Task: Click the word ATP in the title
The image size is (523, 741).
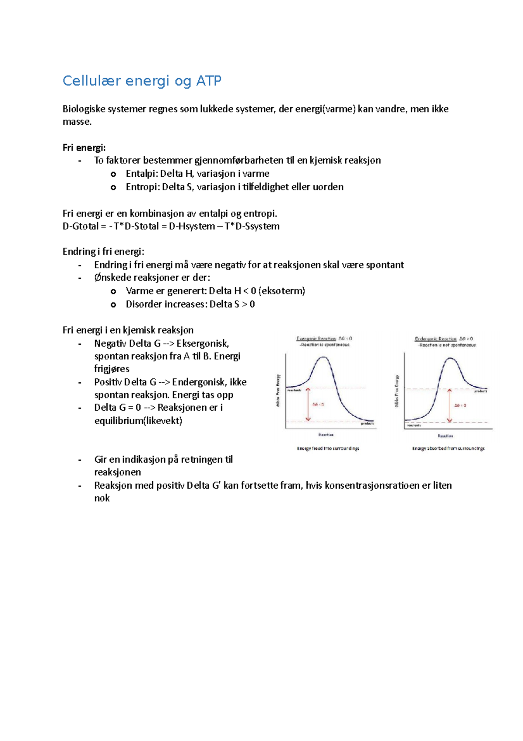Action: click(209, 81)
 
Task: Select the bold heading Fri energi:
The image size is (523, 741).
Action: click(84, 148)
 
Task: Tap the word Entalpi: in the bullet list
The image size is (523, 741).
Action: click(142, 174)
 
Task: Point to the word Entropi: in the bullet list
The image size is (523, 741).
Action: click(143, 187)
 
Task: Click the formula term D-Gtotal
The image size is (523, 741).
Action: click(81, 226)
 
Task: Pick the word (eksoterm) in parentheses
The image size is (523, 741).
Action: click(282, 291)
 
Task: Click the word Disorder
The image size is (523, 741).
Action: click(143, 304)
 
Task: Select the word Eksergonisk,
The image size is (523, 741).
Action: click(203, 343)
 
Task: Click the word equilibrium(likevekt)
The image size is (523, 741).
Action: click(138, 421)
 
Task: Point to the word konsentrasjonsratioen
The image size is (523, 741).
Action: click(372, 485)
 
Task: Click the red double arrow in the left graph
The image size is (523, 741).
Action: click(308, 405)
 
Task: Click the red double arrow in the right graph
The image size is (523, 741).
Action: click(449, 405)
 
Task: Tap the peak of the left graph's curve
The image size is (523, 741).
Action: click(323, 357)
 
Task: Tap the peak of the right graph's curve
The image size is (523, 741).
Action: click(449, 359)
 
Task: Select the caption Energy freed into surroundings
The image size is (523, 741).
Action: click(328, 448)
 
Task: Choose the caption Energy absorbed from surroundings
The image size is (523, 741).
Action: click(448, 448)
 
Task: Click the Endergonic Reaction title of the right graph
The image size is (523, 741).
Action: click(435, 339)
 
